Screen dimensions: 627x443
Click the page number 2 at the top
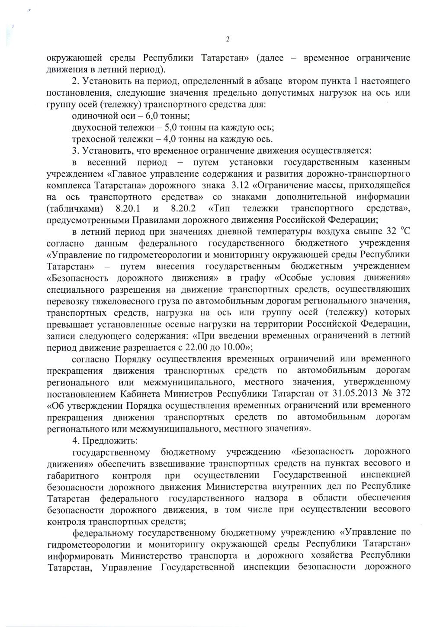point(228,41)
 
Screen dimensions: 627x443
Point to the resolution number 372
point(402,394)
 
